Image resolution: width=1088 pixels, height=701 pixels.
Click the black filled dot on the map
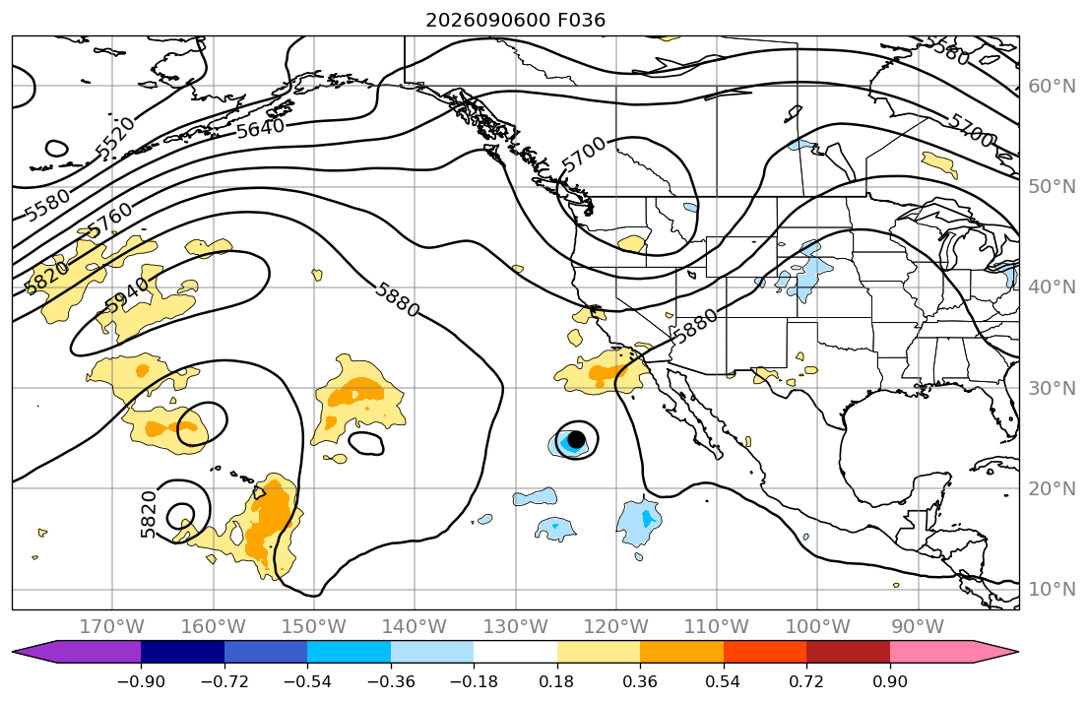[575, 439]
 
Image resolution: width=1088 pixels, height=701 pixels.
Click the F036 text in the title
[582, 20]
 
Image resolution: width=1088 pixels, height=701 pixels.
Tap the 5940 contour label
[127, 295]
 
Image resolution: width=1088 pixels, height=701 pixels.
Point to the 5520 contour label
[115, 138]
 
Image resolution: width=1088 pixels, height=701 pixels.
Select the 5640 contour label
[260, 128]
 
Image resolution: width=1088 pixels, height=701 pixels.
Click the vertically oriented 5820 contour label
[149, 514]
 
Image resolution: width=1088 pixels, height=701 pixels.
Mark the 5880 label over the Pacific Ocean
[397, 300]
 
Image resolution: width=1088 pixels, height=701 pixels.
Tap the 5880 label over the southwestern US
[696, 326]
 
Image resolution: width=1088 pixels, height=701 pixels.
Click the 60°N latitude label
[1052, 87]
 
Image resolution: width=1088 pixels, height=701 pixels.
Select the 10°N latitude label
[1052, 590]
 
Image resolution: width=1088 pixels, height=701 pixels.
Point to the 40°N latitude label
[1052, 287]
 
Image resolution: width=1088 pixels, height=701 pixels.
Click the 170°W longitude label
[112, 627]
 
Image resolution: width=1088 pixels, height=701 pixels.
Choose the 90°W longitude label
[918, 627]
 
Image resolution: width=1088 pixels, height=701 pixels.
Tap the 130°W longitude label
[516, 627]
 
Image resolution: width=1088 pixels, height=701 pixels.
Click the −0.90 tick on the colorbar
[141, 681]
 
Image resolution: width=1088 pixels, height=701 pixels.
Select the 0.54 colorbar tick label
[723, 681]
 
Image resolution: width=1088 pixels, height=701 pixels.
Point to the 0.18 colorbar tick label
[557, 681]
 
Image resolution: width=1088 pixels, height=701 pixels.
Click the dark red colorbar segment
[848, 652]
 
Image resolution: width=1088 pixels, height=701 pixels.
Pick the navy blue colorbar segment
[182, 652]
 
